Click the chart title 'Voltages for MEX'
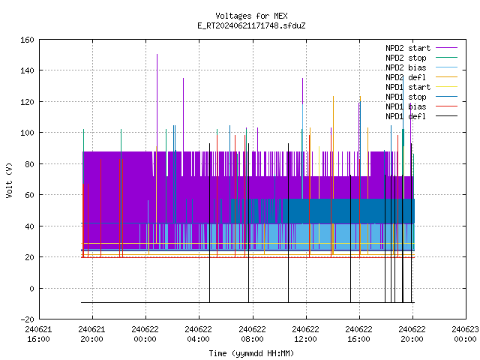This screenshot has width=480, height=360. click(x=251, y=16)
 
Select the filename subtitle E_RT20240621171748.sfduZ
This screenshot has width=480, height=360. click(x=251, y=25)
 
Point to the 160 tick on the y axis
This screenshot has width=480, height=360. click(x=27, y=40)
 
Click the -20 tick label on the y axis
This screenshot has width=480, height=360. click(x=27, y=319)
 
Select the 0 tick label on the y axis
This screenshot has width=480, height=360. click(x=31, y=288)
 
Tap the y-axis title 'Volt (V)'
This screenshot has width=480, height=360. click(x=10, y=180)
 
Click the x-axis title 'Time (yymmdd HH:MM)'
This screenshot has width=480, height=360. click(x=251, y=353)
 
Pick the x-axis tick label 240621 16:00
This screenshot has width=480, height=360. click(x=38, y=334)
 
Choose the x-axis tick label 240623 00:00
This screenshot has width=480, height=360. click(x=465, y=334)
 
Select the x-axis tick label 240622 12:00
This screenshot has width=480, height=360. click(x=305, y=334)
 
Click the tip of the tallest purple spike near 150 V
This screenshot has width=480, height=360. click(x=157, y=54)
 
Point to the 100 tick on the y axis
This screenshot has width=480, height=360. click(x=27, y=133)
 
